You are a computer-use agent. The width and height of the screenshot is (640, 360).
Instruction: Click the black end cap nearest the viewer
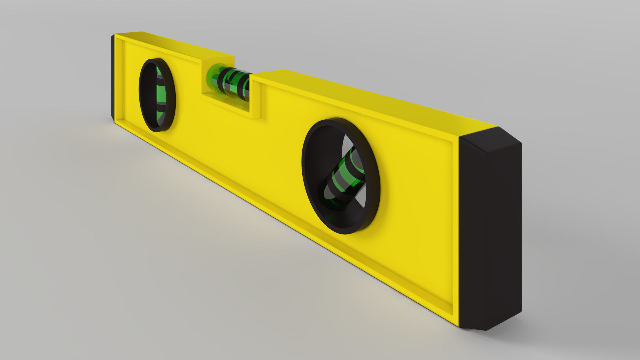pyautogui.click(x=490, y=230)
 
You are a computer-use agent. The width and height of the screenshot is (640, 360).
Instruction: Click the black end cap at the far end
pyautogui.click(x=113, y=78)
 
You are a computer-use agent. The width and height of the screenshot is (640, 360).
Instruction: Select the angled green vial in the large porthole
pyautogui.click(x=345, y=178)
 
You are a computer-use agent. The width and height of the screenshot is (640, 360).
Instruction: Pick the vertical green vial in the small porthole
pyautogui.click(x=161, y=95)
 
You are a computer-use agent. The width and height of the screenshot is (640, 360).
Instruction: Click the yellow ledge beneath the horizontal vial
pyautogui.click(x=227, y=103)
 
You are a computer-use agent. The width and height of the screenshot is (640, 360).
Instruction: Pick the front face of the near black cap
pyautogui.click(x=473, y=233)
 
